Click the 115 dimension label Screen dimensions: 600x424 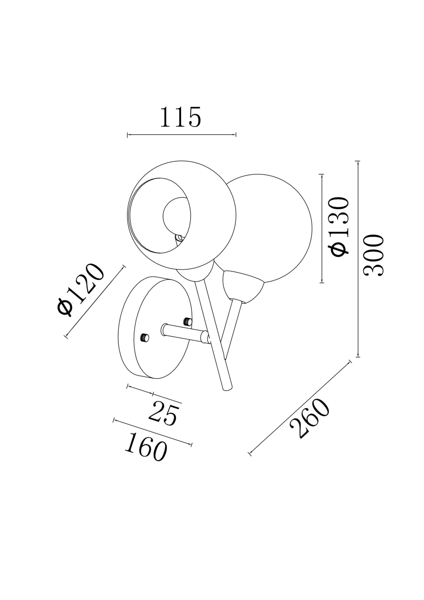tap(180, 117)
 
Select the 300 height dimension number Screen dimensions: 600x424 tap(373, 255)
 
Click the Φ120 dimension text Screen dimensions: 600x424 tap(81, 289)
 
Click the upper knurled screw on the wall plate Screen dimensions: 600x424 tap(187, 322)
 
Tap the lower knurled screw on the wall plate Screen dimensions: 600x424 tap(145, 338)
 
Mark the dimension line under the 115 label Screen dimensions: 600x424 tap(182, 135)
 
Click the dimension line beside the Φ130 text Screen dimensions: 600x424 tap(322, 228)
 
